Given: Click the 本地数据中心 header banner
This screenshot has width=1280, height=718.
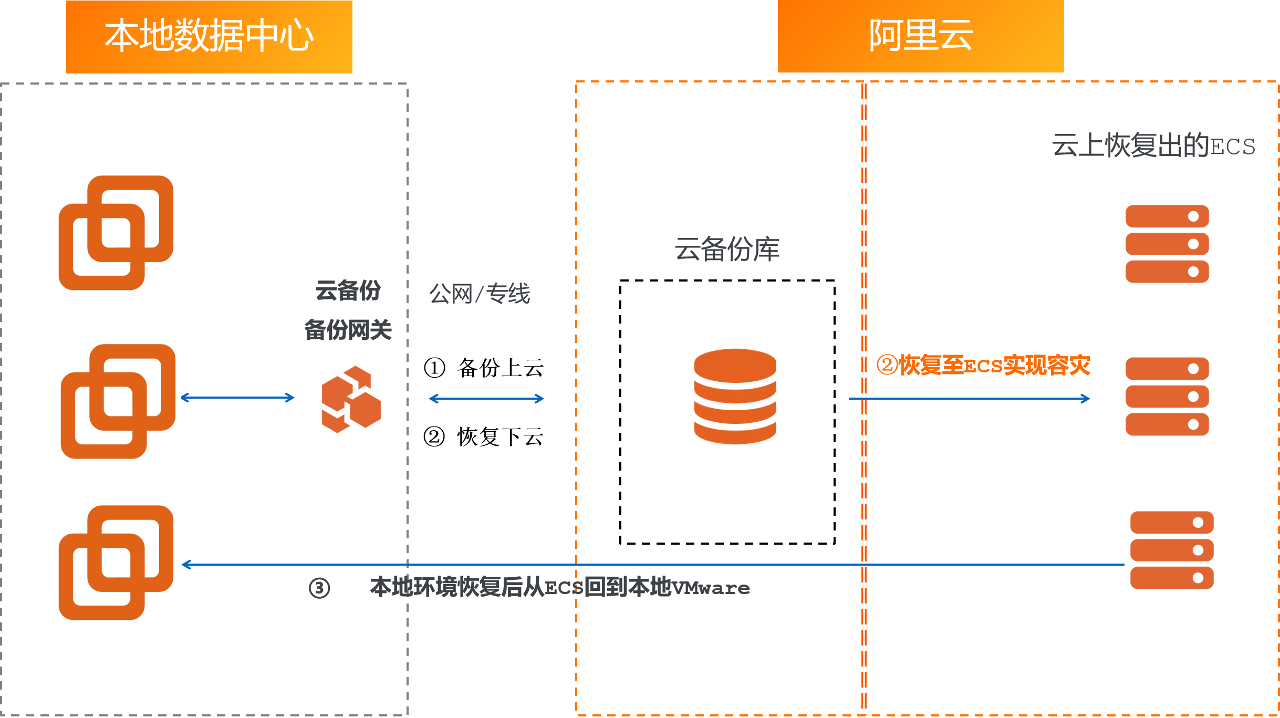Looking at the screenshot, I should pyautogui.click(x=209, y=36).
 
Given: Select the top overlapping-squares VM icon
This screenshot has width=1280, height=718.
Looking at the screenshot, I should pyautogui.click(x=116, y=233).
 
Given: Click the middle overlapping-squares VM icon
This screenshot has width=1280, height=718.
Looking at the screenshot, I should pyautogui.click(x=118, y=401).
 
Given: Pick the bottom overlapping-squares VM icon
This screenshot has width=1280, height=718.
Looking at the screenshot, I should pyautogui.click(x=116, y=563).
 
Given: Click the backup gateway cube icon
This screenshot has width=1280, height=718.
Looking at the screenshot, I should pyautogui.click(x=351, y=399).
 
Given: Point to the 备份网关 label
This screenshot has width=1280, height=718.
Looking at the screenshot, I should pyautogui.click(x=348, y=330).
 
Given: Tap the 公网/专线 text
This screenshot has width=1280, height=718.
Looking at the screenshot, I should pyautogui.click(x=480, y=293).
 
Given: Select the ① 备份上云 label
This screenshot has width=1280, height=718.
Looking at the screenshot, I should pyautogui.click(x=484, y=368).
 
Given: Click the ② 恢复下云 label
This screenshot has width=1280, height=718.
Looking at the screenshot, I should pyautogui.click(x=484, y=436).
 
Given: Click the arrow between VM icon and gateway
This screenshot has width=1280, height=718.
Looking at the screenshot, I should pyautogui.click(x=237, y=398).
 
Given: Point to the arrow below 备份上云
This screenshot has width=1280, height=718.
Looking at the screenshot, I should pyautogui.click(x=486, y=399).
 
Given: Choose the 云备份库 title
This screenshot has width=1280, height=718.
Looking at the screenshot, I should pyautogui.click(x=727, y=249).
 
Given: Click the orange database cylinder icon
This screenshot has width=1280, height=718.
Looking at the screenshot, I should pyautogui.click(x=735, y=396).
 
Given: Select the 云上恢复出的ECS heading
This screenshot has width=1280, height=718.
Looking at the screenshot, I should pyautogui.click(x=1153, y=145).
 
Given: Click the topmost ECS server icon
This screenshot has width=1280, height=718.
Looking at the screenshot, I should pyautogui.click(x=1167, y=244).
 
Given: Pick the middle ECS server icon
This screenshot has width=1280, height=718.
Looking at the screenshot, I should pyautogui.click(x=1167, y=397).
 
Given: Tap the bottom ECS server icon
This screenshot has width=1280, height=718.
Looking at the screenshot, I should pyautogui.click(x=1171, y=550).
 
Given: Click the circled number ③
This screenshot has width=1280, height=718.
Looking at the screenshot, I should pyautogui.click(x=319, y=588).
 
